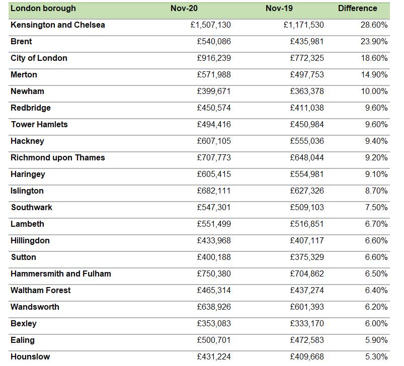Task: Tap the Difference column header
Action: [357, 9]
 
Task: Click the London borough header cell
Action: [43, 9]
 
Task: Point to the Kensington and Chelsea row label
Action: [58, 25]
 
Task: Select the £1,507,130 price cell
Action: [211, 25]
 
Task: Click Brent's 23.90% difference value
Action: [374, 42]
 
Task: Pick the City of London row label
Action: [39, 58]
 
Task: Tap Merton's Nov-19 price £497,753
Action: [307, 75]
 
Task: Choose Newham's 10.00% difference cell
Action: [374, 91]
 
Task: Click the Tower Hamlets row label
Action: [39, 125]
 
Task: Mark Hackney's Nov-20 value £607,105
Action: [214, 141]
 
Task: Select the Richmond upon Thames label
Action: [58, 158]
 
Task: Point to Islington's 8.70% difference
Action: [376, 191]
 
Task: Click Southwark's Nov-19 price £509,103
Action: [307, 208]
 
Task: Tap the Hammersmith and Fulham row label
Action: [61, 274]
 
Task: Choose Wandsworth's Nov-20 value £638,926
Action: [214, 307]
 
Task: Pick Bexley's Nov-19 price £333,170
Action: [307, 324]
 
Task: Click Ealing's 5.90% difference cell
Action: [376, 340]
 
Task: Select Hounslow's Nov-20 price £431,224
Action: [214, 357]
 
